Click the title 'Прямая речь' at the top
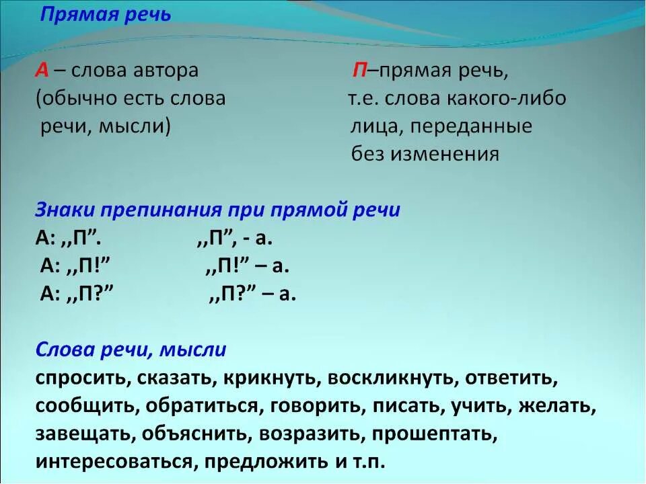pos(106,15)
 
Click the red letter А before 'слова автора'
pos(42,71)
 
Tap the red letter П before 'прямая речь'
pos(359,71)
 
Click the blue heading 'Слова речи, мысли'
pos(131,350)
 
